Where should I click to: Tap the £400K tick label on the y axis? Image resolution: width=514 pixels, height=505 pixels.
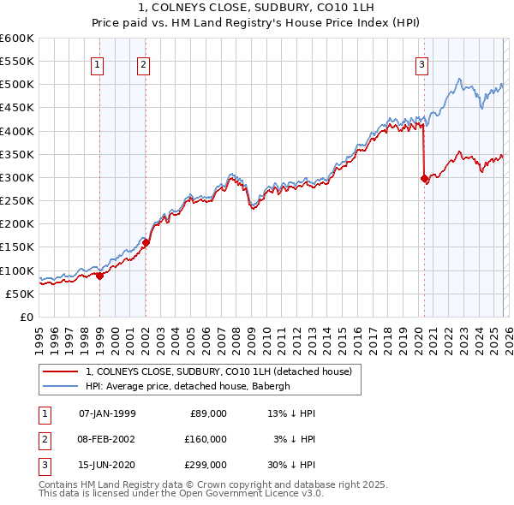pos(17,131)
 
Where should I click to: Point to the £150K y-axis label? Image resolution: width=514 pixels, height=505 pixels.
pos(17,247)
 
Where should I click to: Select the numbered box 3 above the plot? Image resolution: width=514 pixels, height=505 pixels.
pos(422,63)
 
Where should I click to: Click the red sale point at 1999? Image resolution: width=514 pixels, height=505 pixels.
pos(99,276)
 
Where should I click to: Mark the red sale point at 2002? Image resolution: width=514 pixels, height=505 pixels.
pos(146,242)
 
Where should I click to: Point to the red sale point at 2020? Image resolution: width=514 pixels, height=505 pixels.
pos(424,178)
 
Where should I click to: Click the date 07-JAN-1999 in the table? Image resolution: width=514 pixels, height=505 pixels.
pos(106,413)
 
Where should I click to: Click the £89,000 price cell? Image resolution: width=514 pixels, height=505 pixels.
pos(207,413)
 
